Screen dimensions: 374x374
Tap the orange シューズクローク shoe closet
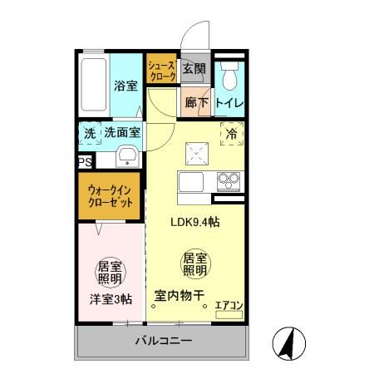pos(162,70)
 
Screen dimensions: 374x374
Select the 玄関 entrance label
pos(194,69)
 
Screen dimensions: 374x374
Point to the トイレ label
pos(229,104)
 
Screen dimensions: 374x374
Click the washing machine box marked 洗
pos(89,133)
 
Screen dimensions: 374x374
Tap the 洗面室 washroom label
pos(121,133)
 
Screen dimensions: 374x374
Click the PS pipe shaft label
pos(84,163)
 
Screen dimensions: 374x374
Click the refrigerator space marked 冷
pos(231,133)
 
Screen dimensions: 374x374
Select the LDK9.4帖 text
pos(195,222)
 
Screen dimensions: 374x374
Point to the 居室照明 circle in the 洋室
pos(111,272)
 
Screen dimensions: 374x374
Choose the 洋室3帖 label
pos(111,300)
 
